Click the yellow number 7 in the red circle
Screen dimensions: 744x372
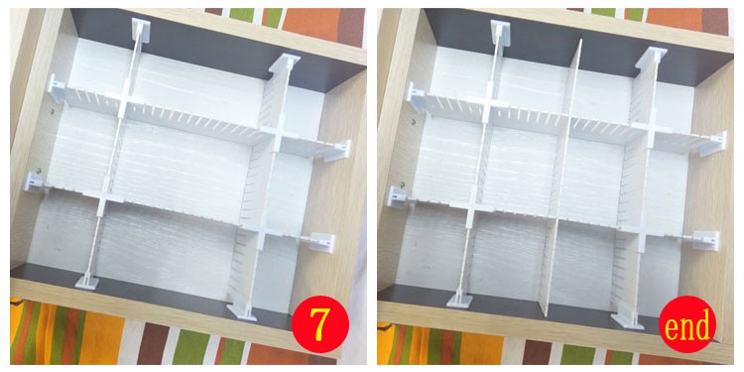(x=320, y=324)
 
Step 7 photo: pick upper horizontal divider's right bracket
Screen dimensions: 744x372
(x=338, y=150)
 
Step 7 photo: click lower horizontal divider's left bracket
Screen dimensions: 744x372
(x=36, y=184)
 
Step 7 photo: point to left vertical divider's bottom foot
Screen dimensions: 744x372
(x=87, y=282)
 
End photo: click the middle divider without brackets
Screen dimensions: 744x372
(x=561, y=178)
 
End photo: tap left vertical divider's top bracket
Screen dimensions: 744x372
(x=500, y=32)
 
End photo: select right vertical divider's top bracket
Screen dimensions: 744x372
(x=652, y=58)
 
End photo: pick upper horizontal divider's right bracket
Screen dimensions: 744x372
(x=712, y=143)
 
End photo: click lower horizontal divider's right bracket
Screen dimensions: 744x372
(x=706, y=241)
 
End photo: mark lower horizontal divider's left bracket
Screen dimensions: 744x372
(x=397, y=195)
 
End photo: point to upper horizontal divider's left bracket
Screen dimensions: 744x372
(x=416, y=96)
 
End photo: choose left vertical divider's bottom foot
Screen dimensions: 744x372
(x=460, y=300)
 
